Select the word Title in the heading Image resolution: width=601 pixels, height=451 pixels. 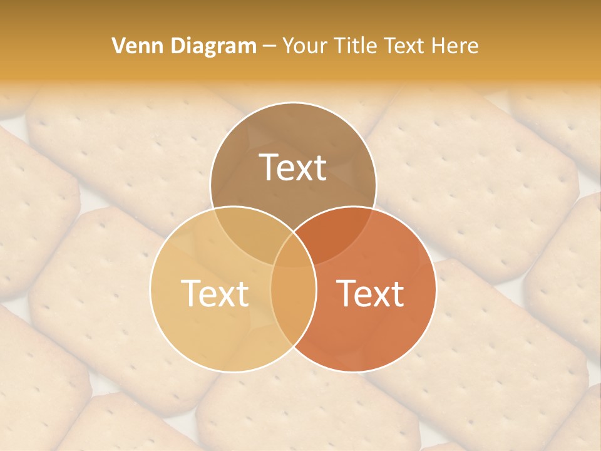[357, 46]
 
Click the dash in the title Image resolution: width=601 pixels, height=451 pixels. [269, 46]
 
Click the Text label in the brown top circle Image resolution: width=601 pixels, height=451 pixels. [293, 167]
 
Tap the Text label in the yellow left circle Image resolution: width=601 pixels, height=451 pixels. [215, 293]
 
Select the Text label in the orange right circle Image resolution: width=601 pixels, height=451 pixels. [371, 293]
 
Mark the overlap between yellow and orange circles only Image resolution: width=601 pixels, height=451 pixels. [293, 307]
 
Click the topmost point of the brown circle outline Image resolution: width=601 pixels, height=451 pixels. [293, 102]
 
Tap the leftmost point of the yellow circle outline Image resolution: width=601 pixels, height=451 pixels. [150, 289]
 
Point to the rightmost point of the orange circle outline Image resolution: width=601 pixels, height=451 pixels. [436, 289]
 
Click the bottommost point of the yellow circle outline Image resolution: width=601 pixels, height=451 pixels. [233, 372]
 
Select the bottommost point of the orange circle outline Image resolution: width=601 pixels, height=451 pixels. [353, 372]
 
